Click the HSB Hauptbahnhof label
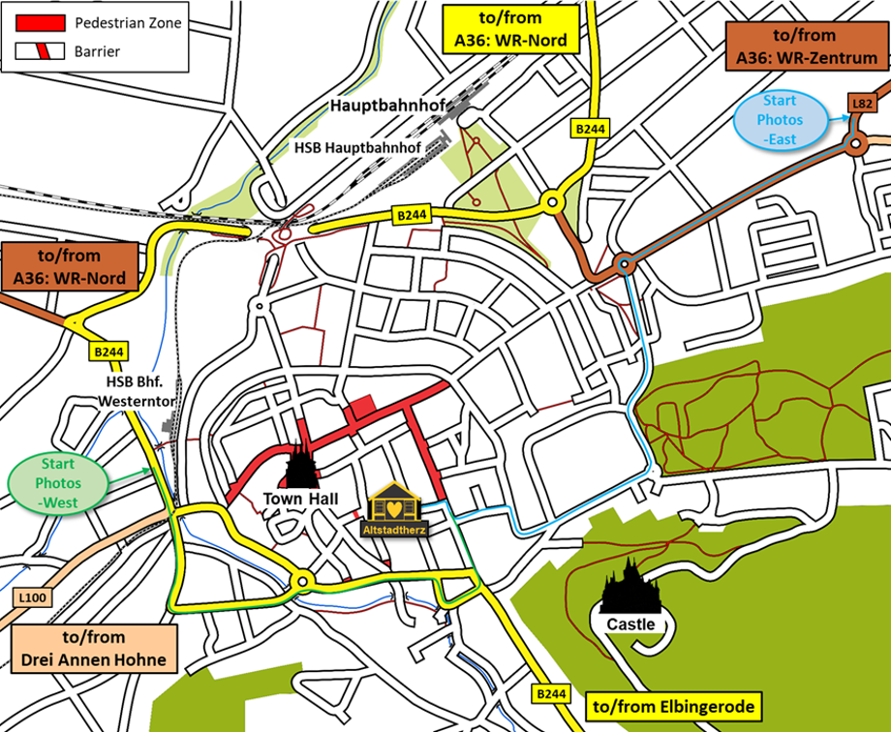pos(356,147)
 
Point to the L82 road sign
pos(860,103)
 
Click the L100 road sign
pos(32,598)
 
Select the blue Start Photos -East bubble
pos(781,120)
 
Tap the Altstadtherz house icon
pos(395,509)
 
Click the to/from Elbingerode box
pos(674,707)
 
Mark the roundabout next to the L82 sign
pos(855,145)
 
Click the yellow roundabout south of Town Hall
pos(303,581)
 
